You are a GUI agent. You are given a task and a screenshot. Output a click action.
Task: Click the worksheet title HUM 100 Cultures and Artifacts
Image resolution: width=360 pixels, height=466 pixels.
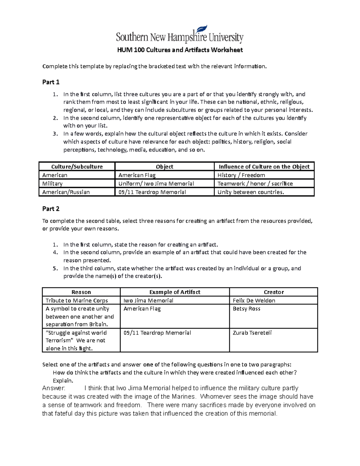pos(180,50)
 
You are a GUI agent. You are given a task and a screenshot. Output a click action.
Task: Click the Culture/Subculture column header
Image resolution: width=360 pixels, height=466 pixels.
pos(77,167)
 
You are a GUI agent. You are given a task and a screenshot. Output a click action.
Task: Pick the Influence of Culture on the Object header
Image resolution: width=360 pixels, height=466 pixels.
pos(264,167)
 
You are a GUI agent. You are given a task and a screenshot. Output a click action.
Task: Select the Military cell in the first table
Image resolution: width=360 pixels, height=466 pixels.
pos(52,184)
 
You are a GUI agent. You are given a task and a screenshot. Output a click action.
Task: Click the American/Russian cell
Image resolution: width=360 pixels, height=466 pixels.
pos(66,192)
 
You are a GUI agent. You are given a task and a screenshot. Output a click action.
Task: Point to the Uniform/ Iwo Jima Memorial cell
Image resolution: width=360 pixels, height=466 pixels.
pos(156,184)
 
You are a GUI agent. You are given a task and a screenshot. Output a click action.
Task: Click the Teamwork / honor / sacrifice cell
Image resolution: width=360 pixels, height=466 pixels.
pos(255,184)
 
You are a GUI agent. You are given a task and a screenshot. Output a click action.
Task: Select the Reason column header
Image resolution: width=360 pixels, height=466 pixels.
pos(81,292)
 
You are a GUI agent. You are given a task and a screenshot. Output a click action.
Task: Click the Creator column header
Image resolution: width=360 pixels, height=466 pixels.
pos(274,292)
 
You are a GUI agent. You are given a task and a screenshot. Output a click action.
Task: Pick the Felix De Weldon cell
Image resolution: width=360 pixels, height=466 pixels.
pos(254,300)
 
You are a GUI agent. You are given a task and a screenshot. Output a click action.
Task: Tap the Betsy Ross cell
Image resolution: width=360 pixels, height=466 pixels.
pos(246,309)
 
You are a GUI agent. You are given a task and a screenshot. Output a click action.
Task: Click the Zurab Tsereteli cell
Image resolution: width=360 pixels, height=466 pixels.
pos(252,333)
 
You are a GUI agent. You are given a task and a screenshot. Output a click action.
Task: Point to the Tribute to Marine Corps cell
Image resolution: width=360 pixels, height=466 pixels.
pos(76,300)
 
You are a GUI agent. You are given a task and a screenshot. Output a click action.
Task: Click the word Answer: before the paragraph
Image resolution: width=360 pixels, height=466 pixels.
pos(53,388)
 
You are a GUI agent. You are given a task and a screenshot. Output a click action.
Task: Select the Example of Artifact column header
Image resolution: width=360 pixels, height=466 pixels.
pos(175,292)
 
